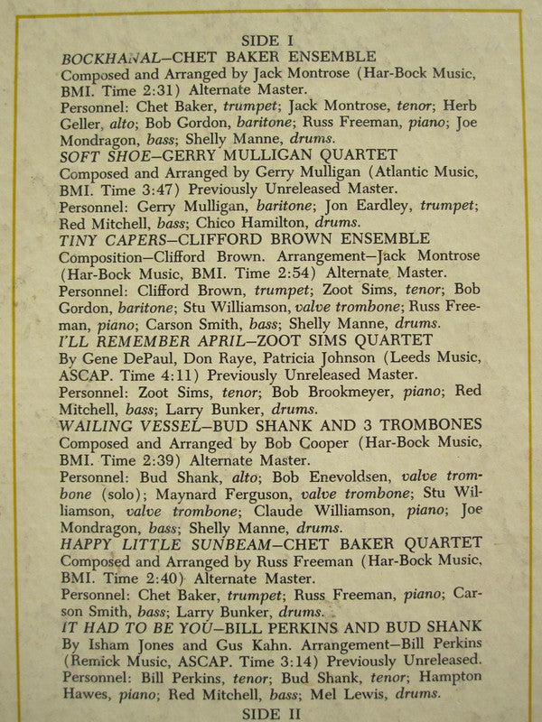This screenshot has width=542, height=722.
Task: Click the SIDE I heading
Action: [x=269, y=40]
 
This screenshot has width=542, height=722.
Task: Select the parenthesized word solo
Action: [x=121, y=493]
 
